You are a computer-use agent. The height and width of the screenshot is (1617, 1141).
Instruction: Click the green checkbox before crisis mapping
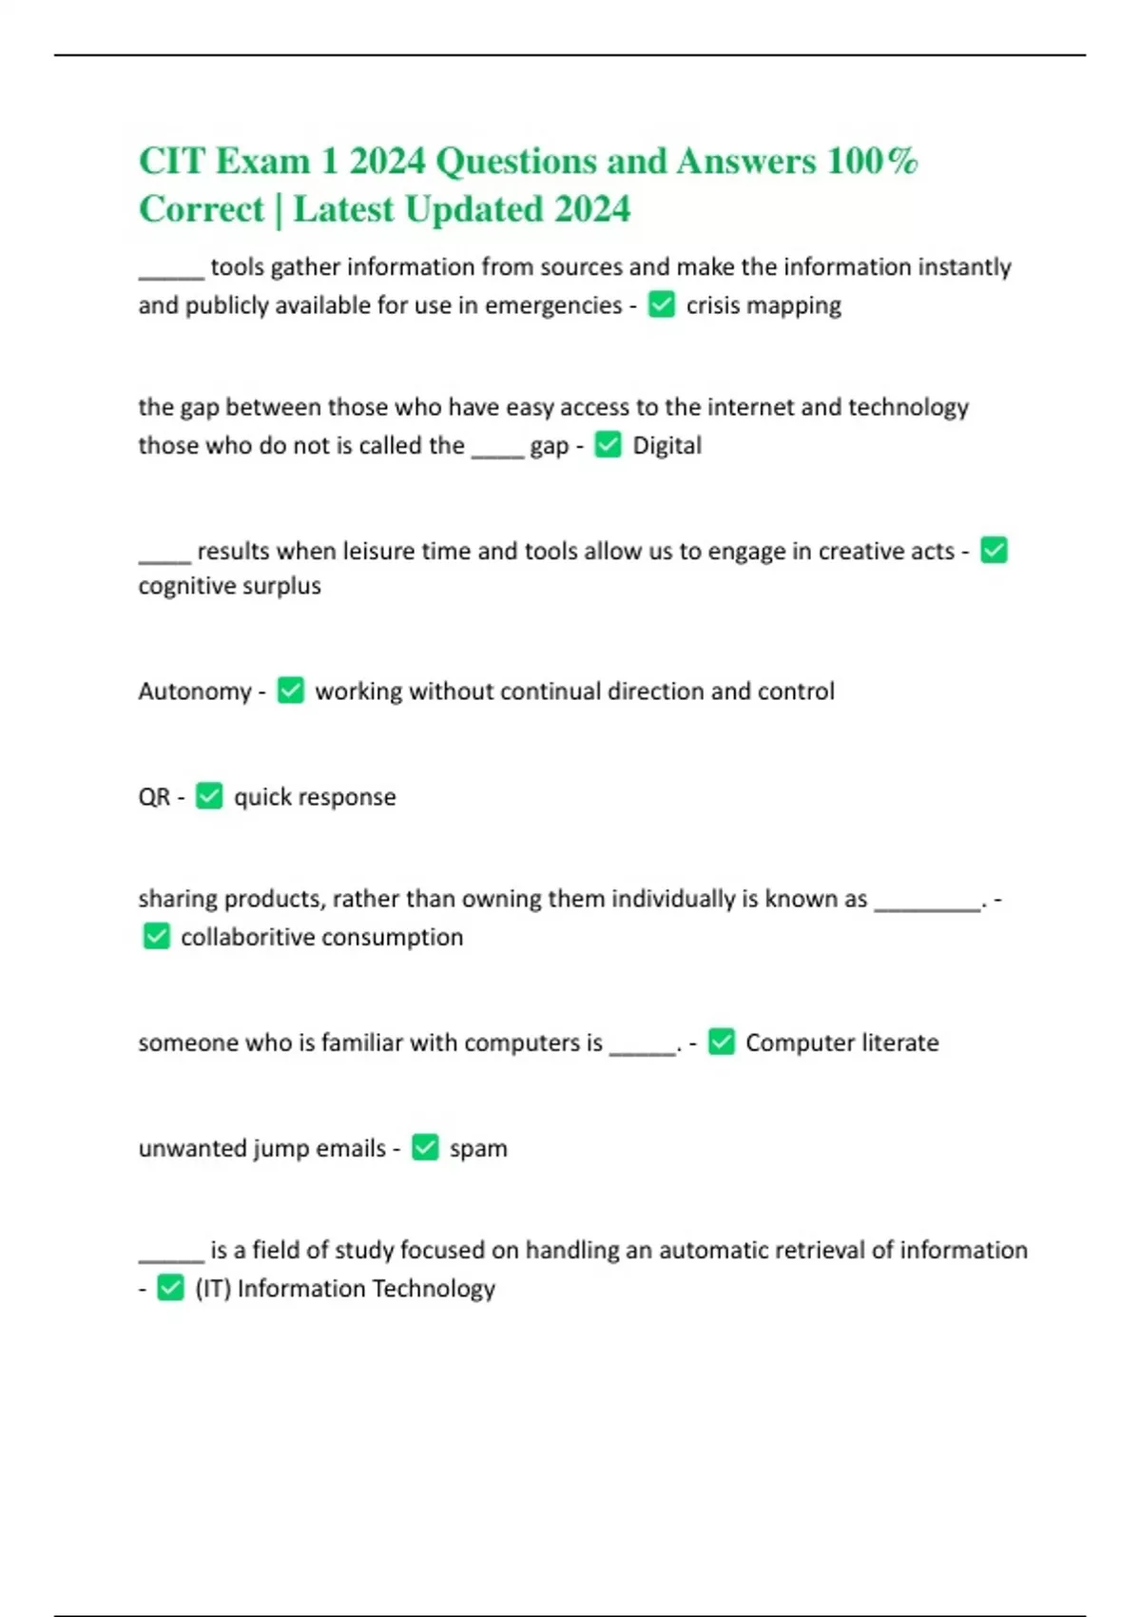point(662,304)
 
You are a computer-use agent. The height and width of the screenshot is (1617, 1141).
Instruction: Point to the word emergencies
point(553,305)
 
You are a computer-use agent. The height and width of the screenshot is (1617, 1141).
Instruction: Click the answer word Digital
point(667,445)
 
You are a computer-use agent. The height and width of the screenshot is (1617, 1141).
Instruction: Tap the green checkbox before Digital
point(608,444)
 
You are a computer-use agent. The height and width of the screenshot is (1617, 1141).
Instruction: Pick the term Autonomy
point(194,691)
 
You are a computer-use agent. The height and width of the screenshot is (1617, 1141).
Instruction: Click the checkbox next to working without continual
point(290,690)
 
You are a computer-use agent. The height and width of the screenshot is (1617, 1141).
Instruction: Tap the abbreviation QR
point(154,796)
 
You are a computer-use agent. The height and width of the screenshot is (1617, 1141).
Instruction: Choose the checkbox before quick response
point(209,795)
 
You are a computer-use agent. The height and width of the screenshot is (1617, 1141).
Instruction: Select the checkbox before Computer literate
point(722,1042)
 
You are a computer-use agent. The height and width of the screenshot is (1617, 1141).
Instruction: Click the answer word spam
point(478,1148)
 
